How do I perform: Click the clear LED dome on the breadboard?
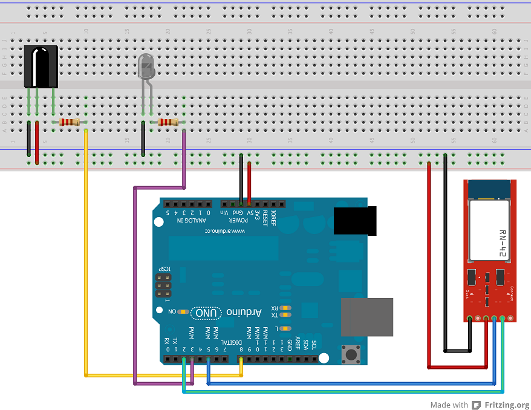[147, 65]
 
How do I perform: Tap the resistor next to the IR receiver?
[70, 122]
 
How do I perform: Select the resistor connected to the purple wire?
[168, 122]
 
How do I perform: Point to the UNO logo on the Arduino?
[206, 313]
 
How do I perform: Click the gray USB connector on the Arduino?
[366, 317]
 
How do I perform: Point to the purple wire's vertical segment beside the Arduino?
[134, 284]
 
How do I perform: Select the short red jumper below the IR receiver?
[37, 142]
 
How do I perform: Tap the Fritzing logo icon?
[476, 405]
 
